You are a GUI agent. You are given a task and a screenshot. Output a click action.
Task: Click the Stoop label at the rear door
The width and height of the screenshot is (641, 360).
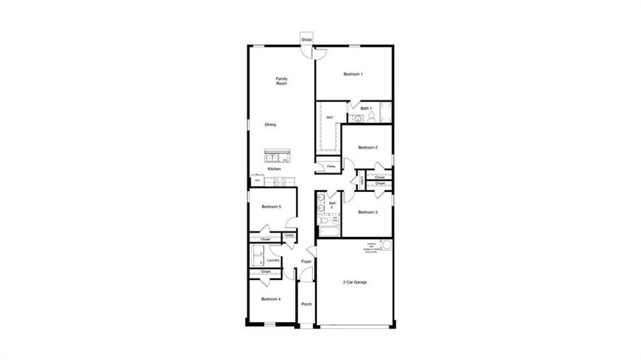306,40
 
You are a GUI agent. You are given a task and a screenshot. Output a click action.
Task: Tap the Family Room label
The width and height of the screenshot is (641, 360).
282,81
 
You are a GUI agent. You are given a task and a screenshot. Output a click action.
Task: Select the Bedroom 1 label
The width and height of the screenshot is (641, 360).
353,74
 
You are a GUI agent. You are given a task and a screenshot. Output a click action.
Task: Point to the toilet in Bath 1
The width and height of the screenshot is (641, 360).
371,116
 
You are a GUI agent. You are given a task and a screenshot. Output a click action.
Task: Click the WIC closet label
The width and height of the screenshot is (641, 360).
329,118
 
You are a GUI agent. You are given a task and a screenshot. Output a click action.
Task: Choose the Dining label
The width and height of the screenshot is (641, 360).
270,125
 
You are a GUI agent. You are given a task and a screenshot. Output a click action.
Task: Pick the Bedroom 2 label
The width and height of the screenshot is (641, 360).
368,148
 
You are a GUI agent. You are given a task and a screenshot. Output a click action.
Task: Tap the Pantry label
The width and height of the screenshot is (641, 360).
330,166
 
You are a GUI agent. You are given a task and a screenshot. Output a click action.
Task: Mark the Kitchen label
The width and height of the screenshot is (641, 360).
274,169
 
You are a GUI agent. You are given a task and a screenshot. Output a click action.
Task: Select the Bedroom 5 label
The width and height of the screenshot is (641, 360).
271,207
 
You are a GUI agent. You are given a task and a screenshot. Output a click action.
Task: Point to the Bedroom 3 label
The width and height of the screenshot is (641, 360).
368,212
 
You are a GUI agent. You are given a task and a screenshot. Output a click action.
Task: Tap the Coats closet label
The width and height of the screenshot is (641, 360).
289,235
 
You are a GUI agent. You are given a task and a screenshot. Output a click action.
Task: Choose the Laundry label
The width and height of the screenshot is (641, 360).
273,260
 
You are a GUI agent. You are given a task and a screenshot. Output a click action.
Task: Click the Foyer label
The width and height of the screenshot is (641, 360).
306,262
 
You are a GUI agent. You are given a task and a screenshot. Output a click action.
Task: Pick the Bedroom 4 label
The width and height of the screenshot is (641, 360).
271,299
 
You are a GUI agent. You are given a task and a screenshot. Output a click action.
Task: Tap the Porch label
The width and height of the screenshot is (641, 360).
306,304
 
